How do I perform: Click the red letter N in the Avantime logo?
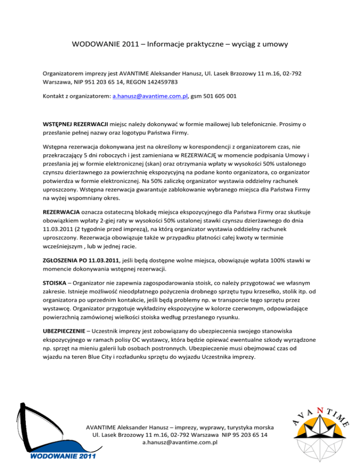pos(319,410)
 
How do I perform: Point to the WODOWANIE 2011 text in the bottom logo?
pos(61,456)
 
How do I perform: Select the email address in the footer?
pos(180,443)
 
